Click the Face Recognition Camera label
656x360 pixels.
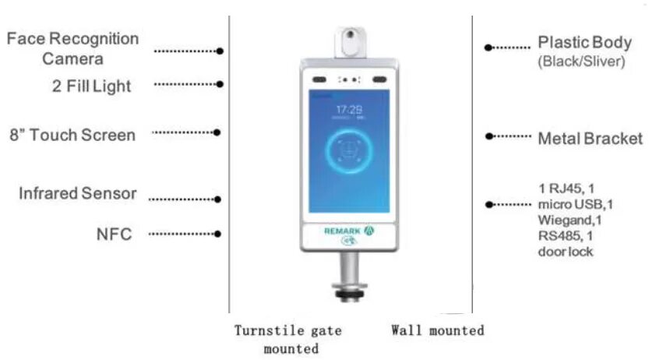72,48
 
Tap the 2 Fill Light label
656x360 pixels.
87,86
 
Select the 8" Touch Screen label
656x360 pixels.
72,135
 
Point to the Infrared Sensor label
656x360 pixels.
78,193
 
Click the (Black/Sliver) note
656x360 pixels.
581,62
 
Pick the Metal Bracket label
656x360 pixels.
590,139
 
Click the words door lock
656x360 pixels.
565,252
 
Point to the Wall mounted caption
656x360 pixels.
437,330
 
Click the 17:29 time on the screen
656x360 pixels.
347,110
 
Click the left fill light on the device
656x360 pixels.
319,79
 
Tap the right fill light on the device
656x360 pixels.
379,79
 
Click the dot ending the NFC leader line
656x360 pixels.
219,234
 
